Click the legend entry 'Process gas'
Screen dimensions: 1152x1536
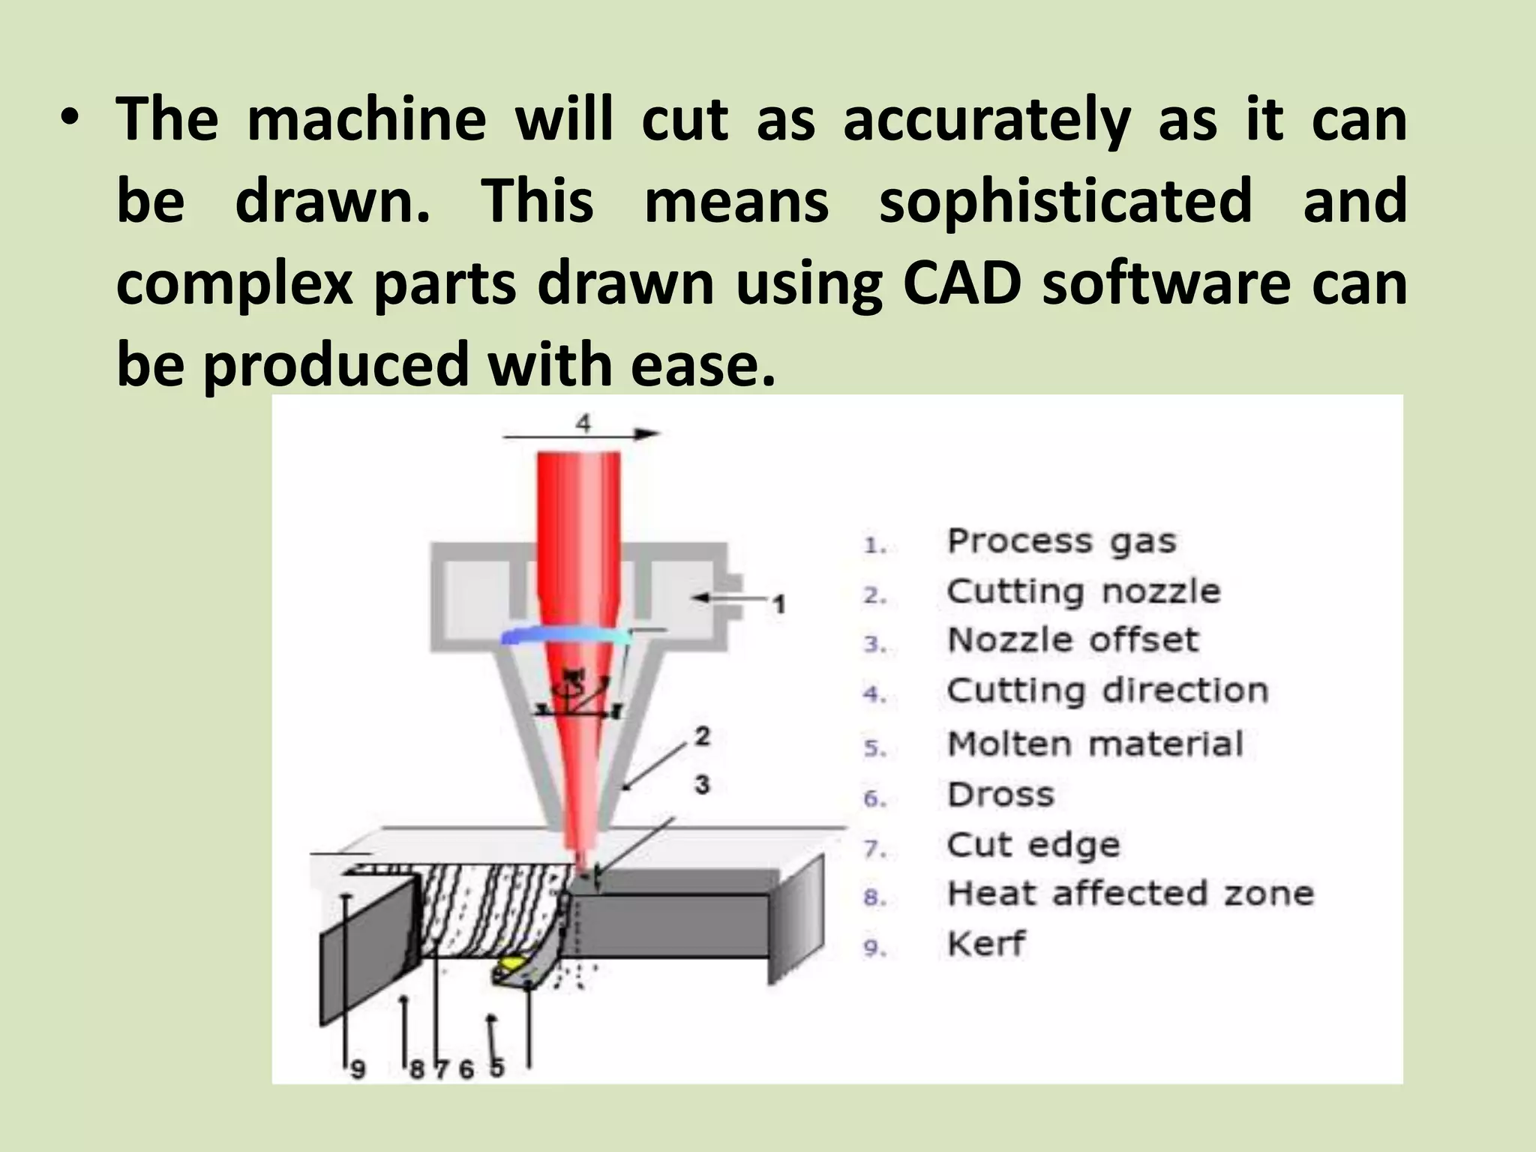point(1060,541)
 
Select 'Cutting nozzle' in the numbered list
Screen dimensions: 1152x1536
point(1083,592)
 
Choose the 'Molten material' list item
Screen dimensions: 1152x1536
point(1095,745)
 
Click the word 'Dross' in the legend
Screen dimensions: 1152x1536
point(1000,795)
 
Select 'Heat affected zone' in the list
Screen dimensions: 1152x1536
point(1130,894)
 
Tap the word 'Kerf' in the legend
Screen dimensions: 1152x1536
point(985,944)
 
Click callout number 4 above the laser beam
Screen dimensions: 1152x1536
point(583,423)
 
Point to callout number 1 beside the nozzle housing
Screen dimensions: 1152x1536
point(779,603)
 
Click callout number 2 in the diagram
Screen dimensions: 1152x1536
point(702,736)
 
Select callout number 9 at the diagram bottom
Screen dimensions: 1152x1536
point(358,1069)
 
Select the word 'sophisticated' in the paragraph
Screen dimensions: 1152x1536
point(1066,201)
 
